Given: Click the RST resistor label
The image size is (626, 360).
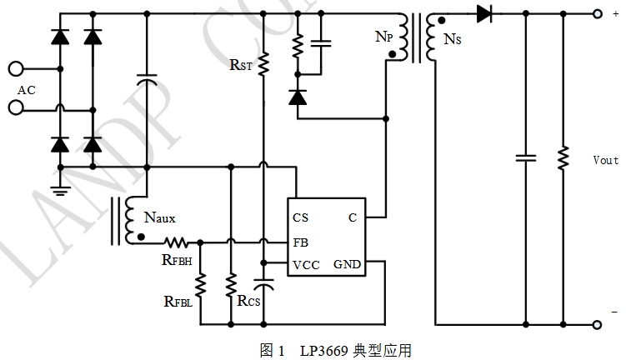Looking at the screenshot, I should point(241,64).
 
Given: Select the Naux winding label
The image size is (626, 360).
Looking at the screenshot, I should point(160,218).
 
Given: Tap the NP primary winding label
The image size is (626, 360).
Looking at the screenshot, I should point(383,37).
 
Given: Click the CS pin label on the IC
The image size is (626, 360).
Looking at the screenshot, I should point(301,218).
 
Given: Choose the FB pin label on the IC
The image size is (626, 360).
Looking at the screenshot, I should point(301,242).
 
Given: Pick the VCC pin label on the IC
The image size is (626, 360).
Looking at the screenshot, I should point(306,265).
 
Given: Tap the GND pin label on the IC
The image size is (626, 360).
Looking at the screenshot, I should point(347,265).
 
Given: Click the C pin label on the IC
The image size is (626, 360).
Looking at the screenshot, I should point(353,218).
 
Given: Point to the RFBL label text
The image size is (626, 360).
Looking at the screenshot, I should point(178,302).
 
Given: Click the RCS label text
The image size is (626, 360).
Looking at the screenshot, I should point(248,301).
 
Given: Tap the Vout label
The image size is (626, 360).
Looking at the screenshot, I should point(605,159).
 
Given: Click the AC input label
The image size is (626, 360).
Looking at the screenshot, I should point(27,90).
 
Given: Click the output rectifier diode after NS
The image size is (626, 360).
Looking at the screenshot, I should point(486,13).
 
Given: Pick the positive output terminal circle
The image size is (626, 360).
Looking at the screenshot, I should point(595,13).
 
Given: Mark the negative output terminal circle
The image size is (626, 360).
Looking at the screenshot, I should point(595,323).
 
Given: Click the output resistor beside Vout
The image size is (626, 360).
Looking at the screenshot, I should point(563,157).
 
